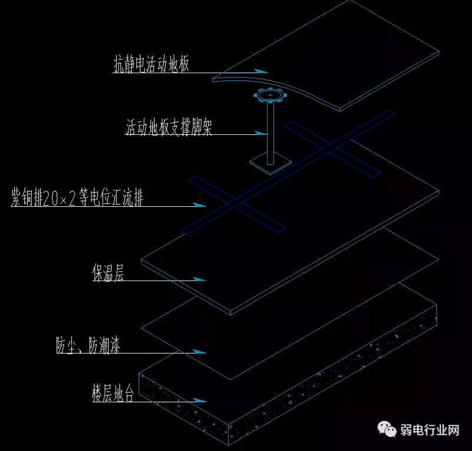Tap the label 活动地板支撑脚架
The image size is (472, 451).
pyautogui.click(x=168, y=127)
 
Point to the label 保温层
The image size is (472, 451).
pyautogui.click(x=107, y=272)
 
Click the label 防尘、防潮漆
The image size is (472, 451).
pyautogui.click(x=88, y=346)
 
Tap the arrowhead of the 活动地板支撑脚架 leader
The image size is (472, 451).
pyautogui.click(x=260, y=133)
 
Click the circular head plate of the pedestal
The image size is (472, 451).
pyautogui.click(x=270, y=95)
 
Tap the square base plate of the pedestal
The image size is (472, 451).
pyautogui.click(x=271, y=164)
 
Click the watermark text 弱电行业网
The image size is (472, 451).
pyautogui.click(x=430, y=430)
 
